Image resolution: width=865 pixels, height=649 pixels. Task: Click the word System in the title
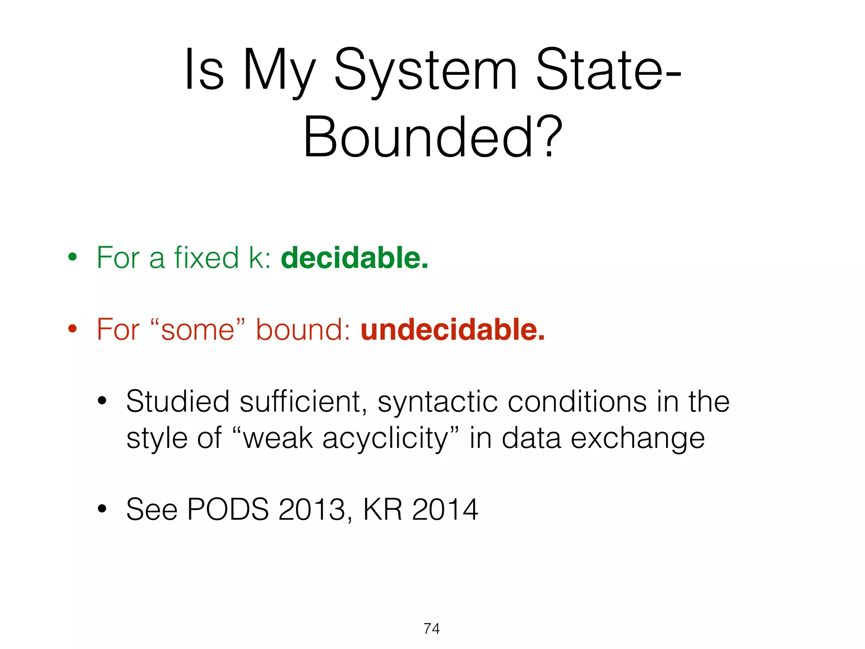[426, 70]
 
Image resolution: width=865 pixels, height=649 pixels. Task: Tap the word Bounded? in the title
[433, 137]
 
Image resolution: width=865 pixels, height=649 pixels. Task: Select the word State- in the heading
[608, 70]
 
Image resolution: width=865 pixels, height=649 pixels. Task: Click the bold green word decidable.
[354, 257]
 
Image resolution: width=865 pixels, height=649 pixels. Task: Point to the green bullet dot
[73, 257]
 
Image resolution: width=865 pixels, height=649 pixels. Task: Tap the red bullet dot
[73, 328]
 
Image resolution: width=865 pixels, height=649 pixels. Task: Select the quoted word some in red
[197, 330]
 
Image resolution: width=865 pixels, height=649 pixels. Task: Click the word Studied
[178, 401]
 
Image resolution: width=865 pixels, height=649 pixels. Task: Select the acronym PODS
[228, 509]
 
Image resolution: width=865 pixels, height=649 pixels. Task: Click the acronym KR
[382, 509]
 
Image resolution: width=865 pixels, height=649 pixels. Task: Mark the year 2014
[445, 509]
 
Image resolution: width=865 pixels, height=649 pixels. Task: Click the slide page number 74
[432, 628]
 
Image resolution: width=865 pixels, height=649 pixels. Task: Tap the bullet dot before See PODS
[102, 509]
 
